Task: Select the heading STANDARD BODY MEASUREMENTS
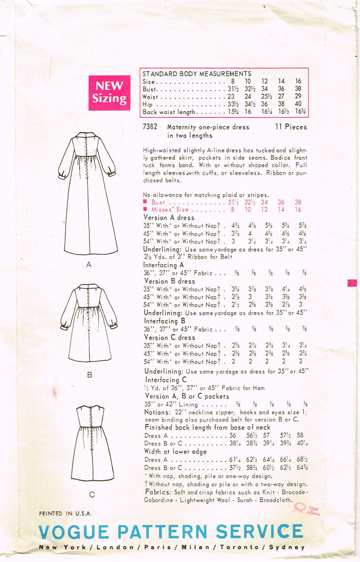point(197,73)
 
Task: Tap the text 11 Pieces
point(291,127)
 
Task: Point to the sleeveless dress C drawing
point(92,442)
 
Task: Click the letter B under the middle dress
point(90,375)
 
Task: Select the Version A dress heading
point(169,217)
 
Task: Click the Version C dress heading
point(169,338)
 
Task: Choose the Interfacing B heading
point(164,320)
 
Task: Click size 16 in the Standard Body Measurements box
point(298,81)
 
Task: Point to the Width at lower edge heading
point(175,452)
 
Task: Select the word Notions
point(157,412)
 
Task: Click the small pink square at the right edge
point(352,283)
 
